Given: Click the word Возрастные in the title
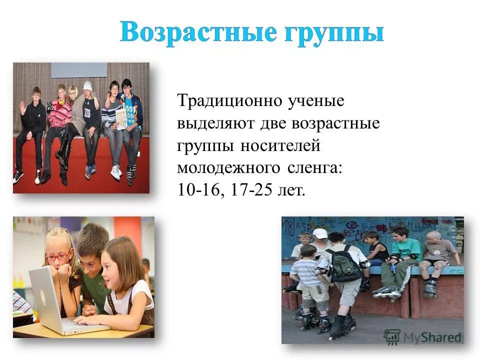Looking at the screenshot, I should pos(197,32).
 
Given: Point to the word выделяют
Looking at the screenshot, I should pos(215,123).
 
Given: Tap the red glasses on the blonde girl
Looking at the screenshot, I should pos(57,256).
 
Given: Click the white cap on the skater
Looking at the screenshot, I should pos(320,233).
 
